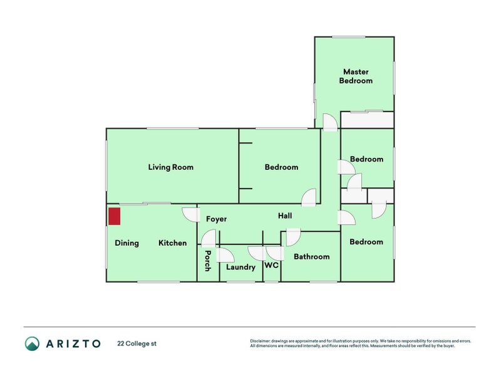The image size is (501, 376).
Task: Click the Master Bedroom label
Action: click(356, 76)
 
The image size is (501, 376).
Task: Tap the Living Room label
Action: click(170, 167)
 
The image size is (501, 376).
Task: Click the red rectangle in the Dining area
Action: click(115, 216)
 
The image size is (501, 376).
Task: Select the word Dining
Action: click(127, 243)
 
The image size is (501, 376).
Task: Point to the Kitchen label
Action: click(172, 243)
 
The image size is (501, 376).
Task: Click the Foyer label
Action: click(216, 219)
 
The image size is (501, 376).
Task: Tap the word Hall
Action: click(285, 216)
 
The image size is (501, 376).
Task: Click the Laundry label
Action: click(240, 268)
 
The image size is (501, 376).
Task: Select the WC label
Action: click(271, 266)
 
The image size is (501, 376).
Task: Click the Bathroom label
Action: click(311, 257)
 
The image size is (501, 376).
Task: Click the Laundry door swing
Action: click(225, 255)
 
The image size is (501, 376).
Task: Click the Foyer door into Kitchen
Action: click(190, 214)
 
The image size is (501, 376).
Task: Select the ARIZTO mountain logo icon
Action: click(32, 343)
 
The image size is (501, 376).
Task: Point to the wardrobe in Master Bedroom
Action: click(367, 120)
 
